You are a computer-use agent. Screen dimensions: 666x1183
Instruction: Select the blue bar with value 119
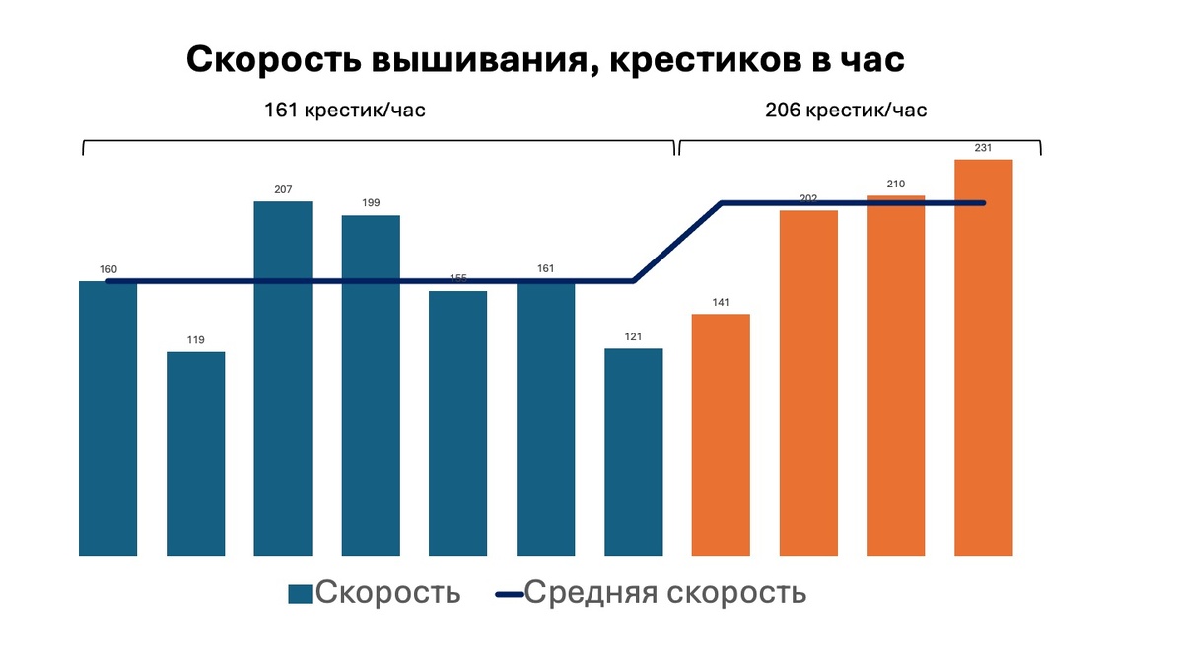195,454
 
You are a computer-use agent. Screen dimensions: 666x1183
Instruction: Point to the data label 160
107,269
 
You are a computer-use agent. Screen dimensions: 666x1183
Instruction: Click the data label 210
895,185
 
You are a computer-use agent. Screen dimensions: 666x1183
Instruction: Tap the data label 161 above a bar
545,266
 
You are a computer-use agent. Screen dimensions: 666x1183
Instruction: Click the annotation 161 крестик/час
345,111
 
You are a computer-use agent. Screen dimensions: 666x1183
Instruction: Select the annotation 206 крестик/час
846,111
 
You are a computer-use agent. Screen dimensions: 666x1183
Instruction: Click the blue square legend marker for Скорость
300,594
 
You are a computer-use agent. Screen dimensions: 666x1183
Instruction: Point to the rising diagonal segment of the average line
677,243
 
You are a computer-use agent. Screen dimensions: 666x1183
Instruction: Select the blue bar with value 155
457,423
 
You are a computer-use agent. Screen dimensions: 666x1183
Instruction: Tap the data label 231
983,148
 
